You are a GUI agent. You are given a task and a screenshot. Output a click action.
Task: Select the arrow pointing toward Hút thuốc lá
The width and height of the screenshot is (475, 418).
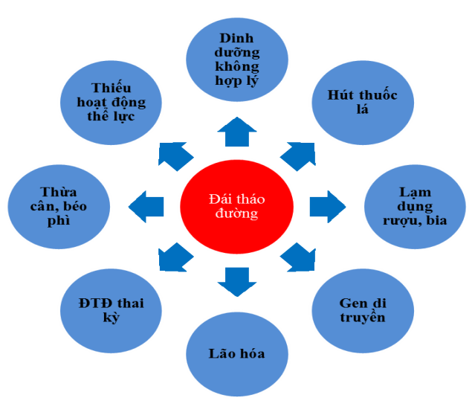coord(297,152)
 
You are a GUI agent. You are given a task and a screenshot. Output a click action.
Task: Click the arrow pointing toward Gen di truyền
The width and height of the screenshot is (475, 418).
coord(297,257)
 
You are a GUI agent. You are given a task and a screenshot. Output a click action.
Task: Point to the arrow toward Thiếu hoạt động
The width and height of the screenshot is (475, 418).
coord(175,153)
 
